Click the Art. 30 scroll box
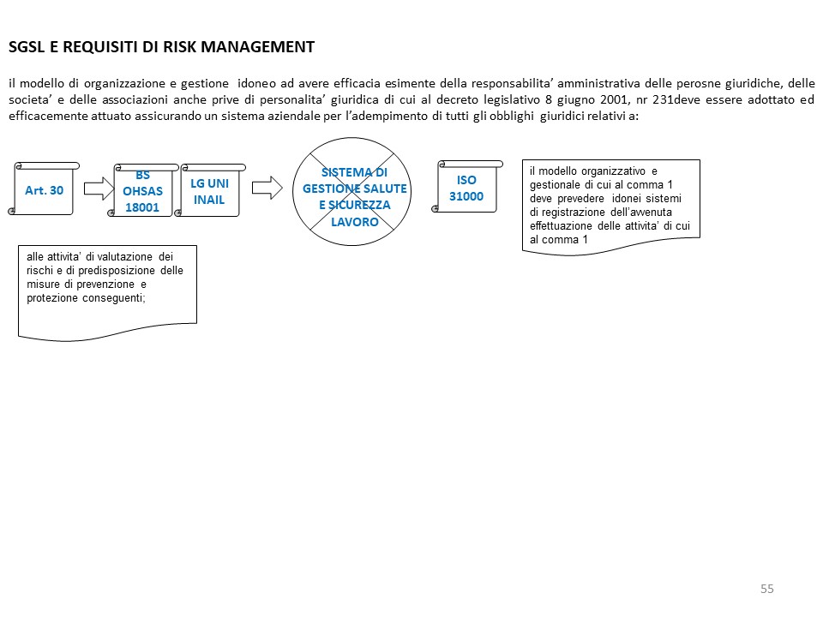(45, 189)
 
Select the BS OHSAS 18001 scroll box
(142, 191)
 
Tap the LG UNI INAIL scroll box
(210, 191)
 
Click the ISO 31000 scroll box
(466, 189)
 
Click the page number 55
(766, 589)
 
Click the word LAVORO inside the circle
(355, 222)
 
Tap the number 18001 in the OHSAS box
(142, 207)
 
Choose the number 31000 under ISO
(466, 196)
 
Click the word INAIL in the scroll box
(209, 200)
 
